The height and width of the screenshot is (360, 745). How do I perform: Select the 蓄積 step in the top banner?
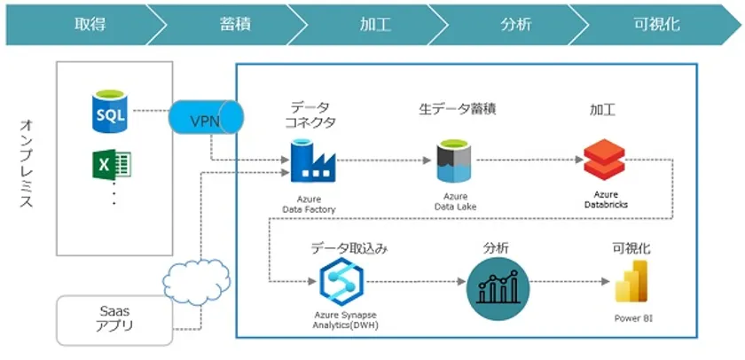pos(234,24)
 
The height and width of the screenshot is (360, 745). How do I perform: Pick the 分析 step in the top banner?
pos(515,24)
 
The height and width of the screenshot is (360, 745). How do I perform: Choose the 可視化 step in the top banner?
pos(657,24)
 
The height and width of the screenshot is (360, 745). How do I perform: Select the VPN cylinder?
pos(205,119)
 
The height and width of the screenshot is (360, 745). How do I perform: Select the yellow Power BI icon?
pos(632,283)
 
